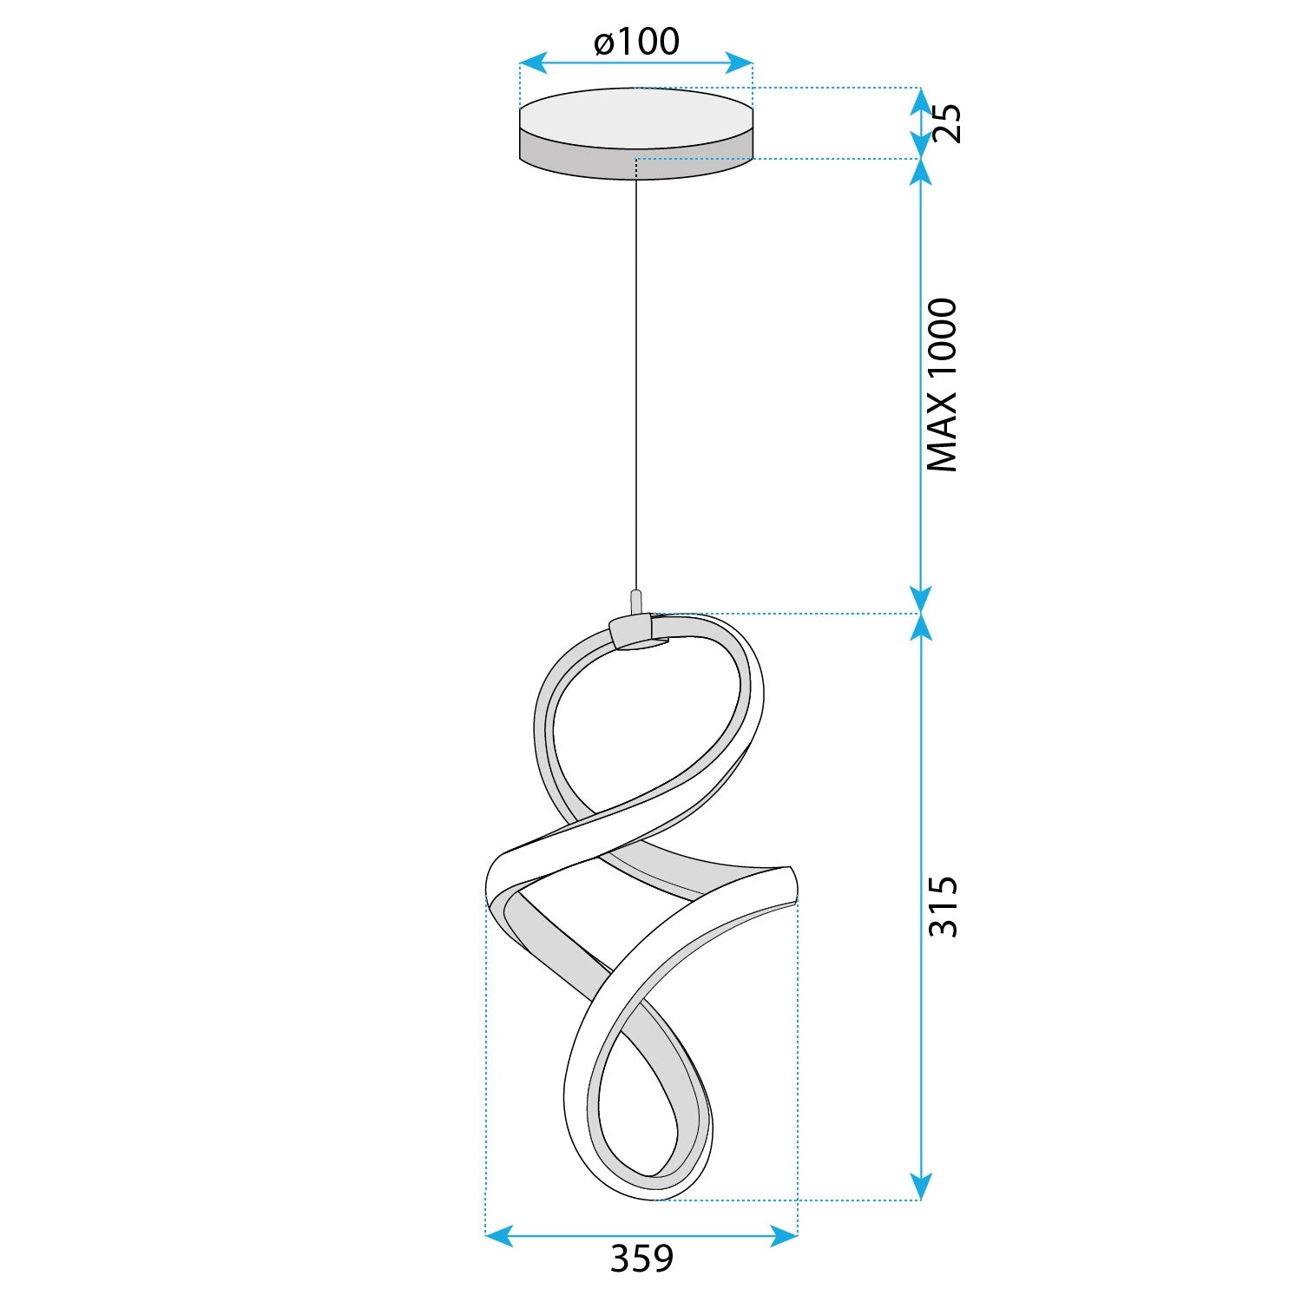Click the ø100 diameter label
(636, 42)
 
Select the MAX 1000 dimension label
(943, 385)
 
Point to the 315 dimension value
(944, 907)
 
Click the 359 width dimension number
(641, 1259)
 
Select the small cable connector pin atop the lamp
(636, 602)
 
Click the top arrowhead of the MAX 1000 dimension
(920, 172)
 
